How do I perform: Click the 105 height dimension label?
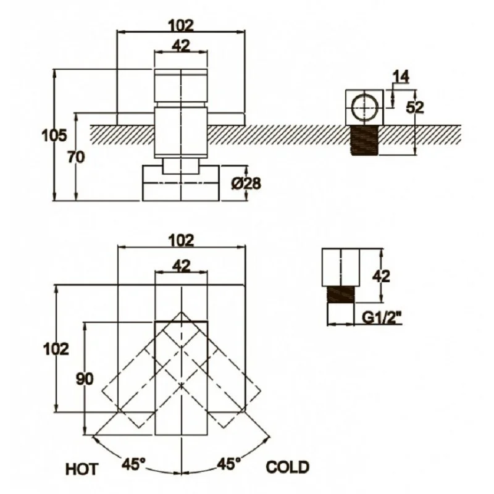coord(54,135)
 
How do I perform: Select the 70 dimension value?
coord(76,157)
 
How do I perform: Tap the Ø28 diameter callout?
coord(246,183)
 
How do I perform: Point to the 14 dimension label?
coord(401,77)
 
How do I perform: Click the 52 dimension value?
coord(415,107)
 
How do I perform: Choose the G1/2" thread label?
coord(382,318)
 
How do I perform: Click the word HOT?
coord(82,469)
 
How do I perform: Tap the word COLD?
coord(287,467)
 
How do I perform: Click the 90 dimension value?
coord(85,379)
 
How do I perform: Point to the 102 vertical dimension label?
coord(56,349)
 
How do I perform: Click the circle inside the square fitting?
coord(364,107)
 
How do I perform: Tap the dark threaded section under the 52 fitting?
coord(364,140)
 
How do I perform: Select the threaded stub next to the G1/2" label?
coord(341,295)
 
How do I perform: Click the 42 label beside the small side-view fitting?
coord(381,276)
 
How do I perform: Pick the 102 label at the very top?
coord(181,25)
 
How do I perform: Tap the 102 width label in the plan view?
coord(181,241)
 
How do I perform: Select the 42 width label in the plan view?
coord(181,266)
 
